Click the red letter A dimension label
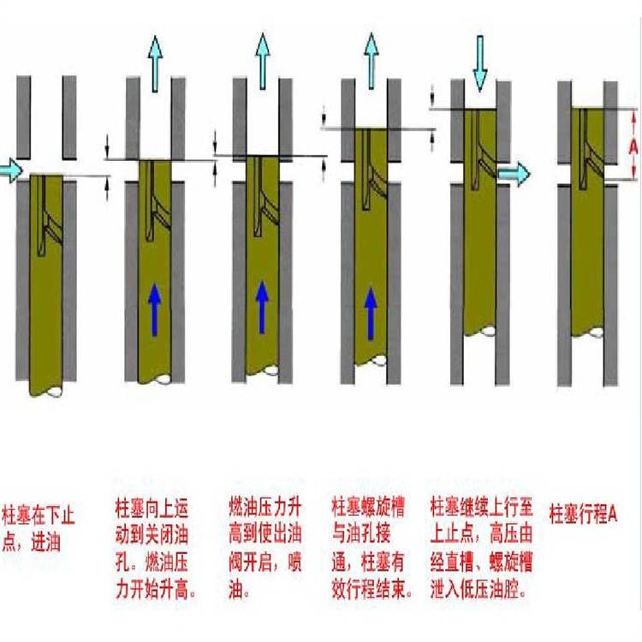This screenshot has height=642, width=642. [633, 146]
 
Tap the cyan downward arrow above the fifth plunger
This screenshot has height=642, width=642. [479, 62]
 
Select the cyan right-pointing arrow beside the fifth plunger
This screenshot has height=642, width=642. [514, 175]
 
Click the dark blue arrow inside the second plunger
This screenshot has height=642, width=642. [155, 307]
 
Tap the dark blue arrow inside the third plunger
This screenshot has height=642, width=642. [263, 307]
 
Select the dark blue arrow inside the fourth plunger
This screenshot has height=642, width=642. [371, 312]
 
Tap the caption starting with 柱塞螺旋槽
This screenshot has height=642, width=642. [372, 545]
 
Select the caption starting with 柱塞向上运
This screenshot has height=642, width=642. [158, 545]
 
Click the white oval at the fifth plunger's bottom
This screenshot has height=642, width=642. [487, 330]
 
